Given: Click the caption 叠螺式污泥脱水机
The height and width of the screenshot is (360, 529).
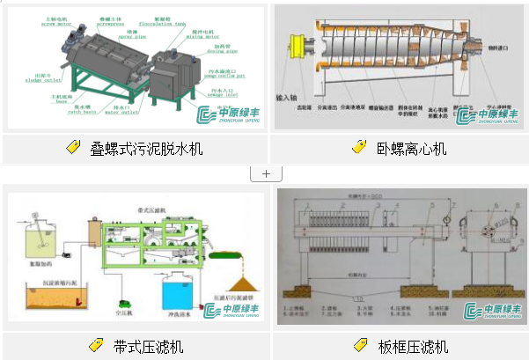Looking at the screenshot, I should pos(146,149).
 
